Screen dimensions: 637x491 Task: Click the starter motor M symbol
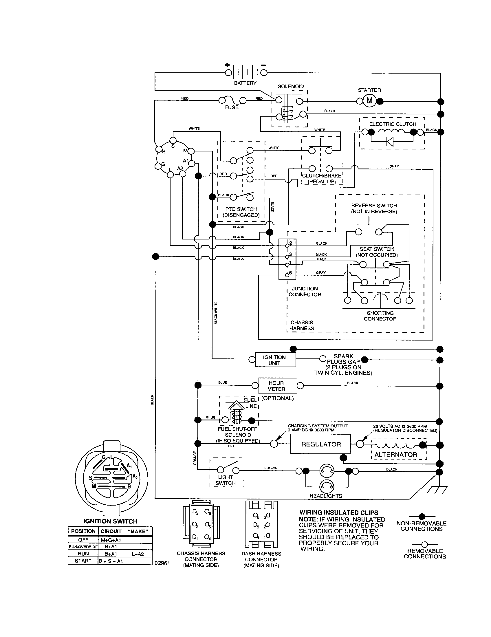(x=369, y=101)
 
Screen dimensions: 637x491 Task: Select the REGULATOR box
(x=321, y=444)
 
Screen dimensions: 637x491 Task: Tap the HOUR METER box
(x=276, y=386)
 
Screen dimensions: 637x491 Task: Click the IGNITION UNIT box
(x=274, y=360)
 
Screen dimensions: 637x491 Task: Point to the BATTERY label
(x=245, y=83)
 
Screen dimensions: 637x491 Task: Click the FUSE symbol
(x=232, y=100)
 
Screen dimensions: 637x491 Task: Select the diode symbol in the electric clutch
(x=390, y=142)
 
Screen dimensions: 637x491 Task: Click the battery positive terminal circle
(x=228, y=73)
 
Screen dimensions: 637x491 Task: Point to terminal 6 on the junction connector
(x=287, y=274)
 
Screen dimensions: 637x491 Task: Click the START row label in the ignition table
(x=83, y=561)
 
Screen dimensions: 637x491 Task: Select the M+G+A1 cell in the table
(x=111, y=540)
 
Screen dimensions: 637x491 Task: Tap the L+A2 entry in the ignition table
(x=138, y=554)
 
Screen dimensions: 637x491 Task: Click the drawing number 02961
(x=162, y=563)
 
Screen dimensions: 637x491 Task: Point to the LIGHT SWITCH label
(x=226, y=480)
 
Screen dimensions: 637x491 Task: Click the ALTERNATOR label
(x=396, y=454)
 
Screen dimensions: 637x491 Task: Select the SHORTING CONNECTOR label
(x=380, y=316)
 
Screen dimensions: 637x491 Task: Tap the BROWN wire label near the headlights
(x=271, y=468)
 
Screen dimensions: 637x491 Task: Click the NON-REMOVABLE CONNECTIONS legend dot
(x=422, y=517)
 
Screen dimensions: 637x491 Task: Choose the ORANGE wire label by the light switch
(x=195, y=458)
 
